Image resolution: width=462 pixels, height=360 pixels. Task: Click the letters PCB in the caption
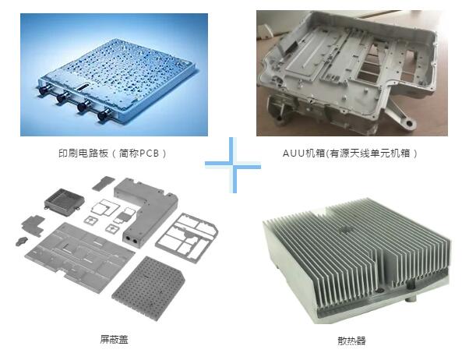(149, 154)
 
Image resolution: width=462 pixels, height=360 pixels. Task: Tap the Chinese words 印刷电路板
(83, 154)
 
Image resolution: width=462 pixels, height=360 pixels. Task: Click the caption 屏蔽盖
(114, 340)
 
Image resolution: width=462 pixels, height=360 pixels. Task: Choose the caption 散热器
(351, 341)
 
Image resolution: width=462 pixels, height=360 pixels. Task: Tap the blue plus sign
(233, 165)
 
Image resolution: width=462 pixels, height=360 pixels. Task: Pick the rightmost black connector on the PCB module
(103, 115)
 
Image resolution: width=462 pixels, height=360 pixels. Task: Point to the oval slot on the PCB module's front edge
(83, 86)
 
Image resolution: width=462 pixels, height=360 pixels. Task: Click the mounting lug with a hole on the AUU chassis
(408, 122)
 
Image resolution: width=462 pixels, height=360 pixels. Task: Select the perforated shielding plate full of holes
(148, 288)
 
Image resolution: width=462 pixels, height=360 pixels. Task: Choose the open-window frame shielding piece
(187, 238)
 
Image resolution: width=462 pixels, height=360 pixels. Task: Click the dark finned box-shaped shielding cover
(64, 202)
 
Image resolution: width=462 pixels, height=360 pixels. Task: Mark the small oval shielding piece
(22, 241)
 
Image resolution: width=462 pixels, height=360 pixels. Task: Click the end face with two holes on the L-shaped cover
(132, 241)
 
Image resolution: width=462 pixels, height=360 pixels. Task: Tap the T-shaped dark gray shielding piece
(34, 225)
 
